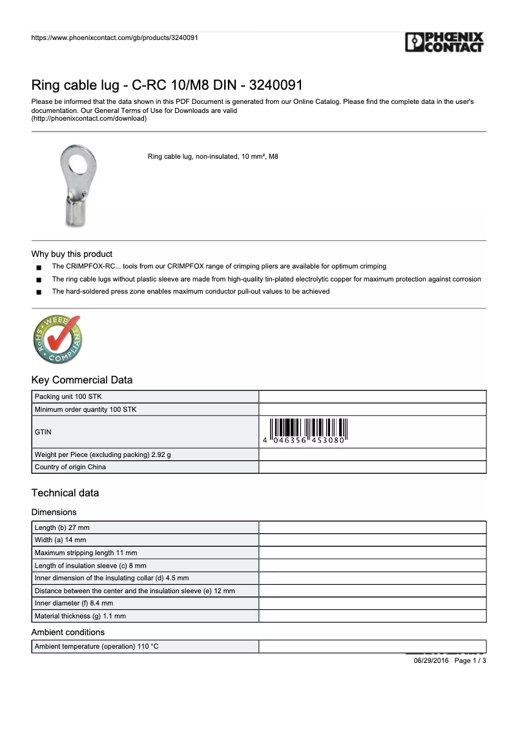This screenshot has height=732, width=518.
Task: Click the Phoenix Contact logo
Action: click(444, 43)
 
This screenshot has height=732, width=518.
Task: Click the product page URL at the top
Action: click(114, 37)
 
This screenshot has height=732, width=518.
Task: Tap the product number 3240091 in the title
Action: click(276, 85)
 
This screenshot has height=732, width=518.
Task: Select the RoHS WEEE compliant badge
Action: click(57, 339)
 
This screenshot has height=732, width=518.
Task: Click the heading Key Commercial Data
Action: click(81, 380)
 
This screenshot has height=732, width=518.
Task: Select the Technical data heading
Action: click(65, 493)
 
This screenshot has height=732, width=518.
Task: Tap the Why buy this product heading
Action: click(72, 254)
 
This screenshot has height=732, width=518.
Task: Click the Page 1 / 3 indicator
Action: click(470, 661)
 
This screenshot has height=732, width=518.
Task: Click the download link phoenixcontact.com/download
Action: click(89, 119)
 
